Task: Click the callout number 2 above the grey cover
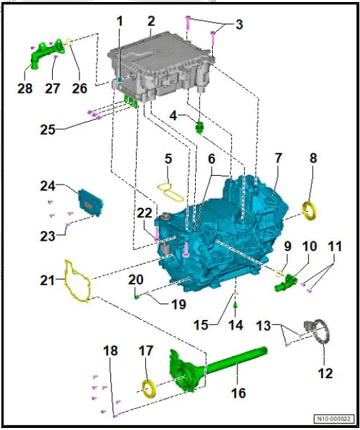[x=151, y=22]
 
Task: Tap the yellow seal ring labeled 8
[x=310, y=210]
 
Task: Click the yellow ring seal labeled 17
[x=147, y=390]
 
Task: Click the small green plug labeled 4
[x=201, y=127]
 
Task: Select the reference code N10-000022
[x=335, y=418]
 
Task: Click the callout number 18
[x=110, y=351]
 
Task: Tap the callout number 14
[x=235, y=327]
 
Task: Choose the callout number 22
[x=144, y=213]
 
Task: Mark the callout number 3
[x=238, y=25]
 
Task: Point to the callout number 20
[x=136, y=280]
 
